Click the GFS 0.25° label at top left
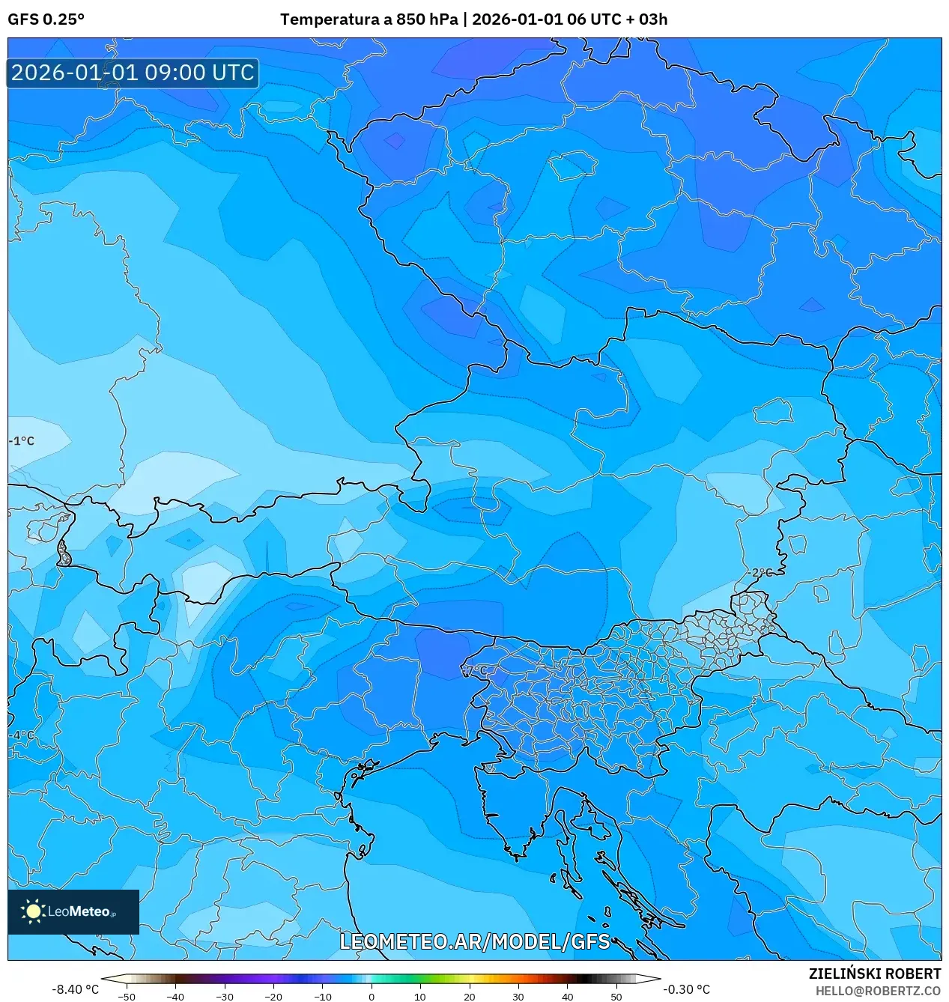(x=46, y=19)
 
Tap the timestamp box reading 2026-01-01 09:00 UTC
(x=133, y=73)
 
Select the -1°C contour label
(x=22, y=441)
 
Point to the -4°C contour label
(x=22, y=735)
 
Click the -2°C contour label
(x=759, y=572)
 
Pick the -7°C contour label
(x=475, y=669)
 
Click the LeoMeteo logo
(x=73, y=911)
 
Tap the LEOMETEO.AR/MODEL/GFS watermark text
(x=475, y=941)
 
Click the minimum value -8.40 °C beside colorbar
(x=75, y=989)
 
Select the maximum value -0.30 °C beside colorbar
(x=686, y=989)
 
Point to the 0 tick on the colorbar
(x=372, y=997)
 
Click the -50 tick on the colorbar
(x=127, y=997)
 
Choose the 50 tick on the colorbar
(x=616, y=997)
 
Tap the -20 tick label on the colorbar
(x=273, y=997)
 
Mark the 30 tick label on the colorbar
(x=518, y=997)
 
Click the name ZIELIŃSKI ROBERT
(x=874, y=974)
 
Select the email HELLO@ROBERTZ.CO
(x=878, y=991)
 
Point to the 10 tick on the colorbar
(x=420, y=997)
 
